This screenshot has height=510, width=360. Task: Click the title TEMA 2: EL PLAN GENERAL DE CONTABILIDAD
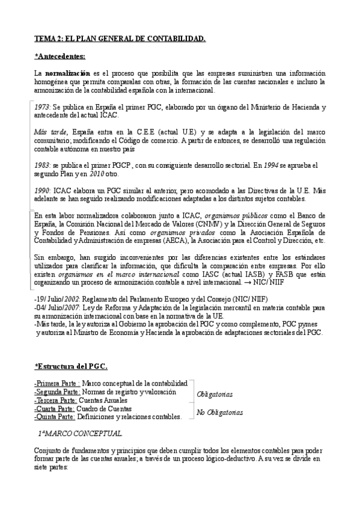pos(120,40)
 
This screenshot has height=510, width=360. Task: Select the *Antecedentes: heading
pos(60,57)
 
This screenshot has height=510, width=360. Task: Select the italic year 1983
pos(42,164)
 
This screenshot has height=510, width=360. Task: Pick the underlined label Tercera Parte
pos(55,400)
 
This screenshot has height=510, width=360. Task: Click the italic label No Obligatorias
pos(220,413)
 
